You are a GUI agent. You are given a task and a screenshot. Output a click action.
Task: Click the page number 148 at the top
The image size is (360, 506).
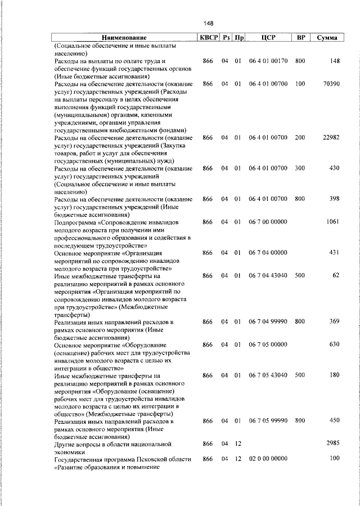pos(209,23)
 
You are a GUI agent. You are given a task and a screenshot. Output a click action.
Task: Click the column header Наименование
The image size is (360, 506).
pos(124,38)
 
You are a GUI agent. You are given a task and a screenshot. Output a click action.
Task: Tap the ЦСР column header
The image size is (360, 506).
pos(268,38)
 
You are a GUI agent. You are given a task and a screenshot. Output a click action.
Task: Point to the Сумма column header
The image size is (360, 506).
pos(327,38)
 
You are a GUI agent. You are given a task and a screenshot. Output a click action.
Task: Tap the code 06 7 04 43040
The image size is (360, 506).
pos(268,275)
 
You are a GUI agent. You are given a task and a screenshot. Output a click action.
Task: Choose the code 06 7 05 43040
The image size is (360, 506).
pos(268,375)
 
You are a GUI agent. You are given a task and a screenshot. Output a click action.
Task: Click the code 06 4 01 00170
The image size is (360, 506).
pos(268,60)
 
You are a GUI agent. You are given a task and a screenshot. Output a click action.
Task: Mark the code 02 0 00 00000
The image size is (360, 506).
pos(268,459)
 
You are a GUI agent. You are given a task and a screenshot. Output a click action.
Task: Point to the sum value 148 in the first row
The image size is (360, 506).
pos(335,60)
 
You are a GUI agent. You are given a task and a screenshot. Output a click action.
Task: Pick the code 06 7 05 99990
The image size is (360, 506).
pos(268,420)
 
